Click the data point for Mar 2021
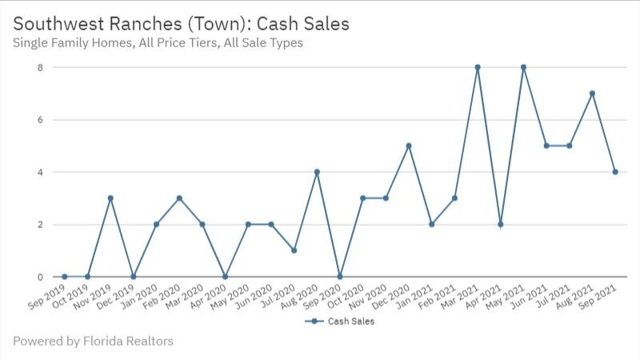coord(478,67)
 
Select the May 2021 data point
coord(523,67)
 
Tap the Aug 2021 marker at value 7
coord(592,94)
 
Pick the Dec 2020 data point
coord(409,146)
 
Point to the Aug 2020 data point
coord(317,172)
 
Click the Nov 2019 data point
coord(110,198)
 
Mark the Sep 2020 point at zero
coord(340,277)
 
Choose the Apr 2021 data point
coord(500,224)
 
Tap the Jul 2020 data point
coord(294,250)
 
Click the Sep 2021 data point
coord(615,172)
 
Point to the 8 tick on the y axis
coord(38,67)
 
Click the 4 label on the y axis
coord(38,172)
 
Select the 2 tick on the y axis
coord(38,224)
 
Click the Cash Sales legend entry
coord(341,322)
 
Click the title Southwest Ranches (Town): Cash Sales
coord(182,24)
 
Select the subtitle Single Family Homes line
coord(158,43)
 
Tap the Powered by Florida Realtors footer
coord(93,342)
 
